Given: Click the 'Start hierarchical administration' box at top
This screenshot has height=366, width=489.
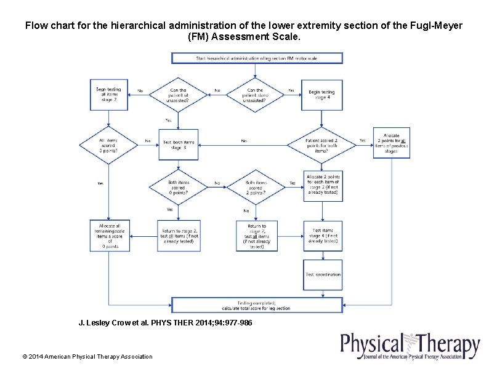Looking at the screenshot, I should click(256, 58).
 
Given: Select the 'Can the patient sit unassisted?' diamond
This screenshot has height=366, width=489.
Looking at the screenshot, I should click(179, 94).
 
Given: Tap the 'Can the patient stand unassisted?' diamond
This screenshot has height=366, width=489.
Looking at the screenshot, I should click(255, 94).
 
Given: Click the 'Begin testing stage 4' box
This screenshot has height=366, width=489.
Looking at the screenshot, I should click(321, 95).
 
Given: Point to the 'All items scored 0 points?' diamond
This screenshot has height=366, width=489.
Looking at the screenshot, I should click(108, 145).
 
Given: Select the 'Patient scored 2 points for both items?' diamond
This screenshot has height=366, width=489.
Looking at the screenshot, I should click(321, 145).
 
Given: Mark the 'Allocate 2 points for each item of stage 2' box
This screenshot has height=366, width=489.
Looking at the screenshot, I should click(323, 185).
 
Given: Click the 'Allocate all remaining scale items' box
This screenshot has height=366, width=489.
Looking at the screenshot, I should click(109, 235).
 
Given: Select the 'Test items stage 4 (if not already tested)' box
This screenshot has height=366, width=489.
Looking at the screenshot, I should click(323, 236).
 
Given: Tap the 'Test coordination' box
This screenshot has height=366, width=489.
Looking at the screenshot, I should click(323, 274).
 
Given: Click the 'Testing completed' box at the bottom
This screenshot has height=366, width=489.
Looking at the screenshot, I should click(256, 304).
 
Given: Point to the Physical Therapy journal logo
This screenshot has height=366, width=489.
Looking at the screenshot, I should click(410, 346).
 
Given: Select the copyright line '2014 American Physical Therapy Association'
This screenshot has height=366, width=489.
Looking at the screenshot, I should click(87, 357).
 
